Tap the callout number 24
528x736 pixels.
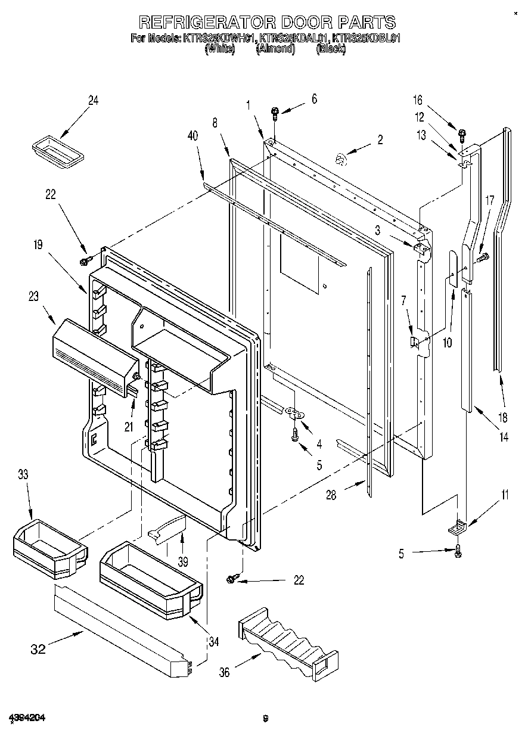pyautogui.click(x=93, y=101)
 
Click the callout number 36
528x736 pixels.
pyautogui.click(x=224, y=672)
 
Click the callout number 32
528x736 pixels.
pyautogui.click(x=38, y=649)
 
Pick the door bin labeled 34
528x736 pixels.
pyautogui.click(x=149, y=576)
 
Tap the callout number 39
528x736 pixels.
pyautogui.click(x=183, y=561)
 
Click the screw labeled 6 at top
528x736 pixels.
pyautogui.click(x=275, y=112)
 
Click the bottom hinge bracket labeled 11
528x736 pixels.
pyautogui.click(x=457, y=526)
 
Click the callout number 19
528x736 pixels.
pyautogui.click(x=38, y=244)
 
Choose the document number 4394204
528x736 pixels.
pyautogui.click(x=27, y=718)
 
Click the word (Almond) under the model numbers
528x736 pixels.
pyautogui.click(x=275, y=49)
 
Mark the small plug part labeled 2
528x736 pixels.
pyautogui.click(x=340, y=159)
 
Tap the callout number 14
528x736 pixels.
pyautogui.click(x=504, y=437)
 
